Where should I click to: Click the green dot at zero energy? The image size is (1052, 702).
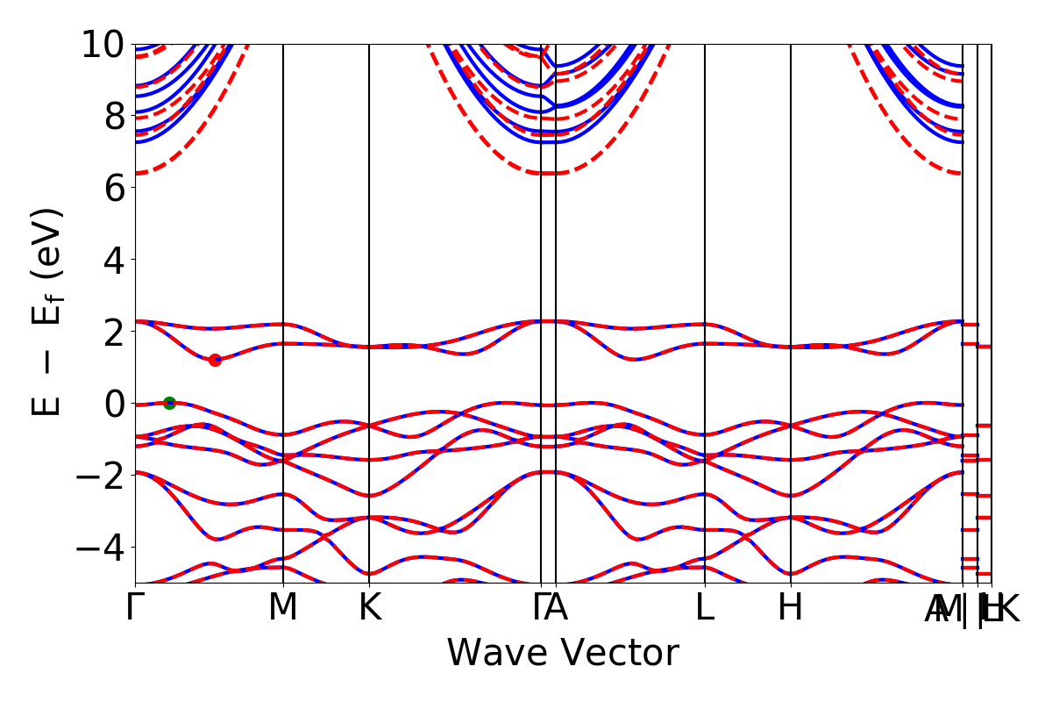169,403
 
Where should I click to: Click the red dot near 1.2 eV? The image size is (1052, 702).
215,360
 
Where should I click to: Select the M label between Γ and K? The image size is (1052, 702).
283,608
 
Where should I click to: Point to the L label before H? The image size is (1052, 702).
705,608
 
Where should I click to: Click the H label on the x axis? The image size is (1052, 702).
791,608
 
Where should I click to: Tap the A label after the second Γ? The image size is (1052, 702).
557,608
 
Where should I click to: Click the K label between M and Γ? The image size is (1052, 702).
369,608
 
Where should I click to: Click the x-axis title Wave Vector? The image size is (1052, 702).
563,654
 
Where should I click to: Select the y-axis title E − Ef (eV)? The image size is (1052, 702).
48,312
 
